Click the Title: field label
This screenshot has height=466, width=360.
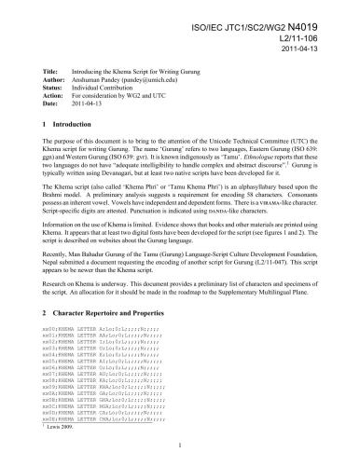[53, 71]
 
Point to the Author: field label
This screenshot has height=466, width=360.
[55, 79]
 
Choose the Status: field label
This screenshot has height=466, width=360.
[54, 88]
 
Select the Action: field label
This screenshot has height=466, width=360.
[54, 96]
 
